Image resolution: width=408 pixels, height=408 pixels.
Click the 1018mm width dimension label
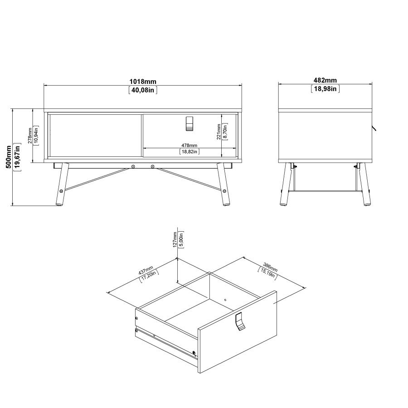(x=143, y=82)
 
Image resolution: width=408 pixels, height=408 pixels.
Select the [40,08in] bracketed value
(x=143, y=90)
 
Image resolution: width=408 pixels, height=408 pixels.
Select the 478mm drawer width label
(x=189, y=145)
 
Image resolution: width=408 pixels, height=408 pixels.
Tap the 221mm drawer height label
(x=219, y=131)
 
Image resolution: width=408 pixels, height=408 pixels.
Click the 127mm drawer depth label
(x=175, y=239)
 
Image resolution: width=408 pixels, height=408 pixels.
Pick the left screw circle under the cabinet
(x=133, y=166)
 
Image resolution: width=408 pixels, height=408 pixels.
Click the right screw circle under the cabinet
(x=153, y=166)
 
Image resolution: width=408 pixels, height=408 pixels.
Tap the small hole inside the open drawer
(x=225, y=299)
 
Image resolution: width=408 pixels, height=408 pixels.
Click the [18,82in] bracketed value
(x=189, y=152)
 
